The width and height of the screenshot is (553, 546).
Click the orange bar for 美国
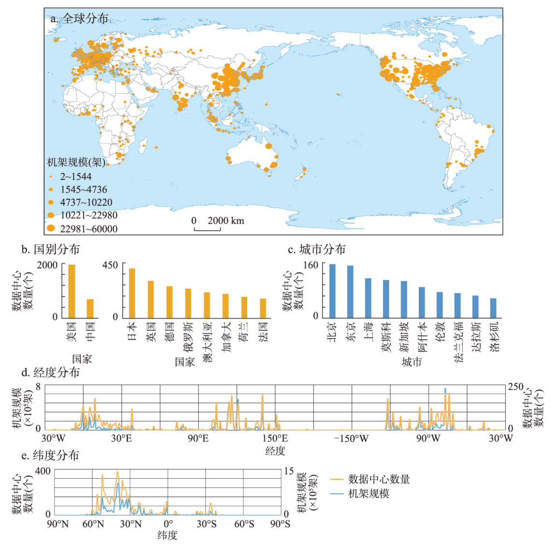point(72,291)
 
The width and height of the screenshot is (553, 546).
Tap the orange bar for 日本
point(132,293)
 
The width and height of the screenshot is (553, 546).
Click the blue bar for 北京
point(332,291)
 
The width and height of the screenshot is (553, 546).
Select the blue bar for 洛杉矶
point(493,308)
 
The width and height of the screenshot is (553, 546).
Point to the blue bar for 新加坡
point(404,299)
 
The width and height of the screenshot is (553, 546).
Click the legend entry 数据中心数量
point(379,479)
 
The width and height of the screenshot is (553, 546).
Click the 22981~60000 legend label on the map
point(89,229)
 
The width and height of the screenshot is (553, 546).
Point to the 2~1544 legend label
point(76,177)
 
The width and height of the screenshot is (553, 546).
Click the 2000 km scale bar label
point(226,221)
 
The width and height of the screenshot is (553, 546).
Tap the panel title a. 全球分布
point(80,18)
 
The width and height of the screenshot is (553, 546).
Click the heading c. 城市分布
point(317,249)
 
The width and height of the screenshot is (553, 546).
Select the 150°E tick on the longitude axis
point(275,438)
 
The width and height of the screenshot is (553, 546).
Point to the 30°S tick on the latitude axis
point(206,524)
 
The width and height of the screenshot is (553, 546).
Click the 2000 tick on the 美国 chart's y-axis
point(47,265)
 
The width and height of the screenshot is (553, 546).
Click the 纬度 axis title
point(167,535)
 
